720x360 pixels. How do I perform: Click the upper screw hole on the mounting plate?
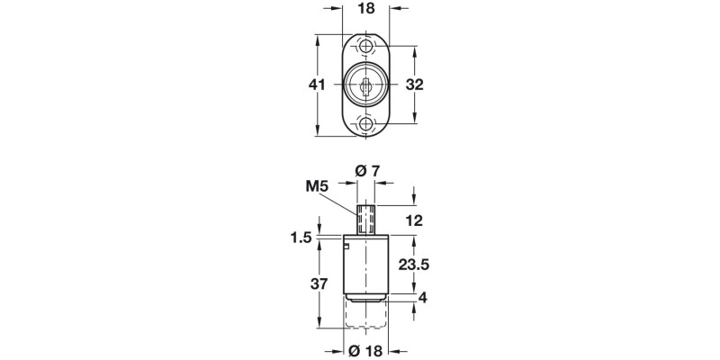click(x=367, y=46)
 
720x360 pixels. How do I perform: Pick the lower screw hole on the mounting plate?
click(x=367, y=124)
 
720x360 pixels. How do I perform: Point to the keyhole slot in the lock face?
click(x=367, y=85)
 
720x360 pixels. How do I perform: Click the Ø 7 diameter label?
click(x=367, y=171)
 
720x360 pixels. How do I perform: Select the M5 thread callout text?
click(x=315, y=187)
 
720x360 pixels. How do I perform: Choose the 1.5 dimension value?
click(x=302, y=238)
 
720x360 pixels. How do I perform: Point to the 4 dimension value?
click(x=421, y=299)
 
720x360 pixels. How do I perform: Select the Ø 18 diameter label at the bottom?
click(x=367, y=350)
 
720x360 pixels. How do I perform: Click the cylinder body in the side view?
click(x=367, y=265)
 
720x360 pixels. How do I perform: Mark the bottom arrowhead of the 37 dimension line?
click(x=322, y=329)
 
